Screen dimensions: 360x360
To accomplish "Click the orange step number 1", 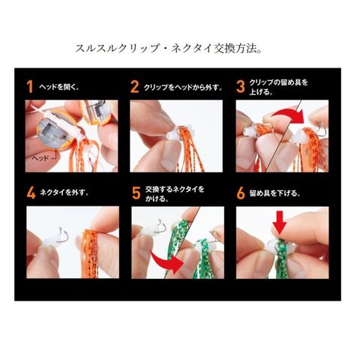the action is (x=30, y=87).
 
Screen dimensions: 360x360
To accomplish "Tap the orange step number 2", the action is (x=135, y=87).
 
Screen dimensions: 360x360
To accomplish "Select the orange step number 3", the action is (x=241, y=87).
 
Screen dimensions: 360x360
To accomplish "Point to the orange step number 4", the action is (x=31, y=193).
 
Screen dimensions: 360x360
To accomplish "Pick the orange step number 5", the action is (x=136, y=193).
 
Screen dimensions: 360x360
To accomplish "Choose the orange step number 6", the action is (x=241, y=193).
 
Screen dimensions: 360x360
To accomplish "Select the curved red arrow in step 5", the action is (x=166, y=262).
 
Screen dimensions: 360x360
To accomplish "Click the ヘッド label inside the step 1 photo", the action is (x=40, y=158).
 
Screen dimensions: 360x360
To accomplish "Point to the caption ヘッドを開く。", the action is (x=59, y=87).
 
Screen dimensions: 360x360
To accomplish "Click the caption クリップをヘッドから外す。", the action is (x=183, y=87).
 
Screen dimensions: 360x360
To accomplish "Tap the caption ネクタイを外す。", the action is (x=64, y=193).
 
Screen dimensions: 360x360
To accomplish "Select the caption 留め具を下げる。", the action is (x=274, y=193).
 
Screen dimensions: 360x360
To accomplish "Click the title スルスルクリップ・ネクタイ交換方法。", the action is (x=169, y=49).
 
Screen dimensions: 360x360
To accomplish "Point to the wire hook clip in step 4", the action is (x=61, y=235).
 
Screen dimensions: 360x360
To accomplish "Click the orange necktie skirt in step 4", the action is (x=90, y=253).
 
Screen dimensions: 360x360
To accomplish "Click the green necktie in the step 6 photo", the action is (x=281, y=257).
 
